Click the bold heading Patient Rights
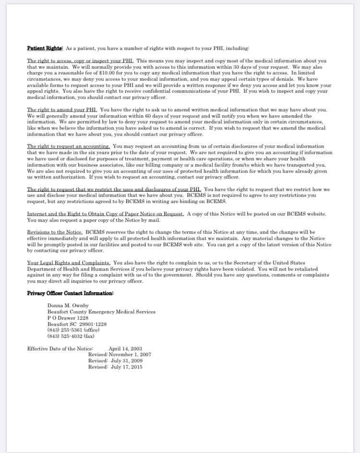click(45, 48)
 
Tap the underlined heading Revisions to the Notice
click(55, 232)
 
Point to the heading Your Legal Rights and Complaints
click(69, 262)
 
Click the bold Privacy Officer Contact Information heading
click(70, 293)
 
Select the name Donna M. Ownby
click(68, 306)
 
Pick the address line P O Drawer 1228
click(68, 318)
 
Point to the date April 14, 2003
click(125, 349)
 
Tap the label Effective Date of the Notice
click(60, 349)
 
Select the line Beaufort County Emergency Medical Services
click(101, 312)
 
